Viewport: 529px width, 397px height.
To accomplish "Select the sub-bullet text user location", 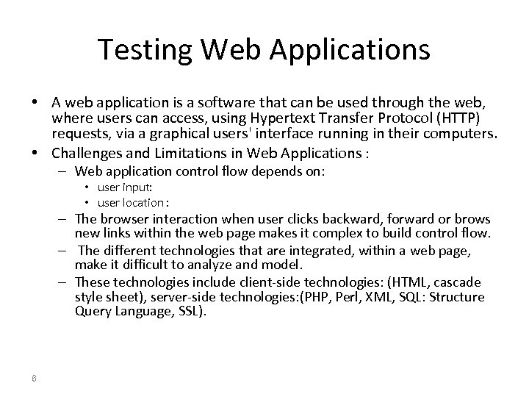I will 129,202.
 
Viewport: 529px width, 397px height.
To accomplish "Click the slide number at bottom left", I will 34,379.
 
